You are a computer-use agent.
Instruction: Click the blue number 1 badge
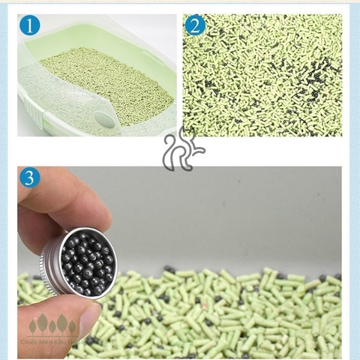click(29, 28)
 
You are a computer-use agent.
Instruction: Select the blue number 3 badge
click(29, 178)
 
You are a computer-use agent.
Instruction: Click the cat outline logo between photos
click(180, 150)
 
